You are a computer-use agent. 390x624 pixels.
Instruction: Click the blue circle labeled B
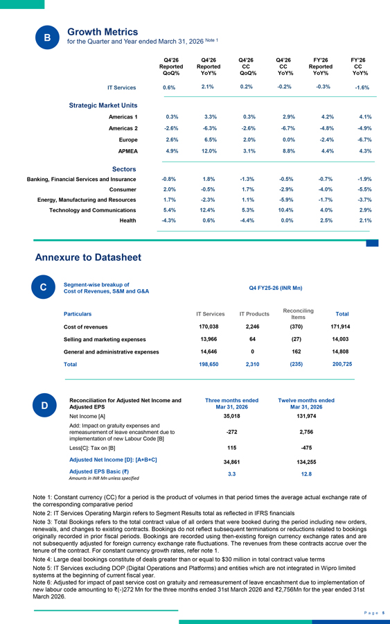(x=47, y=37)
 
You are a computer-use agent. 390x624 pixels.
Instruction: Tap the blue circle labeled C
(x=44, y=287)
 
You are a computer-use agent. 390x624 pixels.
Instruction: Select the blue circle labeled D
(x=44, y=405)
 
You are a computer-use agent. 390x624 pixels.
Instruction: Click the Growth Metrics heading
(x=103, y=32)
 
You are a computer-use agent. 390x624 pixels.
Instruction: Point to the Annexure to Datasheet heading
(x=88, y=257)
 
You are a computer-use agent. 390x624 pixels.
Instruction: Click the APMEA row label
(x=127, y=151)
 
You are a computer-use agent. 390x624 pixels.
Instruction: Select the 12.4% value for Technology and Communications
(x=208, y=210)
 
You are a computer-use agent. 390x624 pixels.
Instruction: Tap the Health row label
(x=127, y=220)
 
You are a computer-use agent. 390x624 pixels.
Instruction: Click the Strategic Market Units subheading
(x=103, y=105)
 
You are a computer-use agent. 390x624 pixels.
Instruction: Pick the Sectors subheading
(x=124, y=169)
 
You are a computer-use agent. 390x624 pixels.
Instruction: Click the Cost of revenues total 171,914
(x=340, y=327)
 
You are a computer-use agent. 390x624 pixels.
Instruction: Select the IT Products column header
(x=254, y=314)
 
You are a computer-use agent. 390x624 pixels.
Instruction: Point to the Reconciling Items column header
(x=298, y=313)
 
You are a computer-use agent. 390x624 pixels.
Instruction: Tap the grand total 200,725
(x=342, y=364)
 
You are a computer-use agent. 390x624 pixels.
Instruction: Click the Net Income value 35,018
(x=232, y=416)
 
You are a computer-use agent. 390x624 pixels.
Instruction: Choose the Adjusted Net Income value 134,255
(x=306, y=462)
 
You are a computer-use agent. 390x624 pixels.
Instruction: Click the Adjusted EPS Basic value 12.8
(x=306, y=474)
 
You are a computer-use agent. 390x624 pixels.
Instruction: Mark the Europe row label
(x=128, y=140)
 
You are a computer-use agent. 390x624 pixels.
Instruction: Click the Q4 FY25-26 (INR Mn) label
(x=276, y=288)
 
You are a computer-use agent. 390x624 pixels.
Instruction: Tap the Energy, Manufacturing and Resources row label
(x=87, y=200)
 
